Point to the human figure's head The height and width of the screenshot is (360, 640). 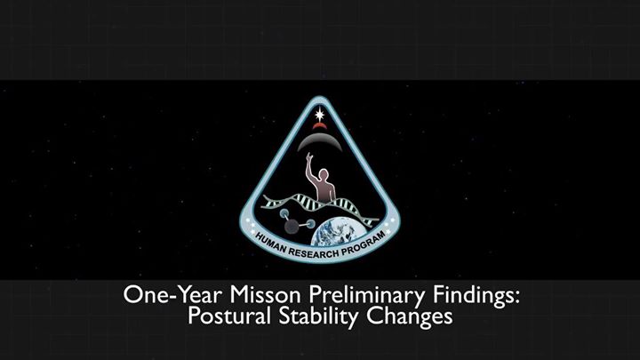coord(324,173)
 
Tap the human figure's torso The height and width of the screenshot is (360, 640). coord(324,191)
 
